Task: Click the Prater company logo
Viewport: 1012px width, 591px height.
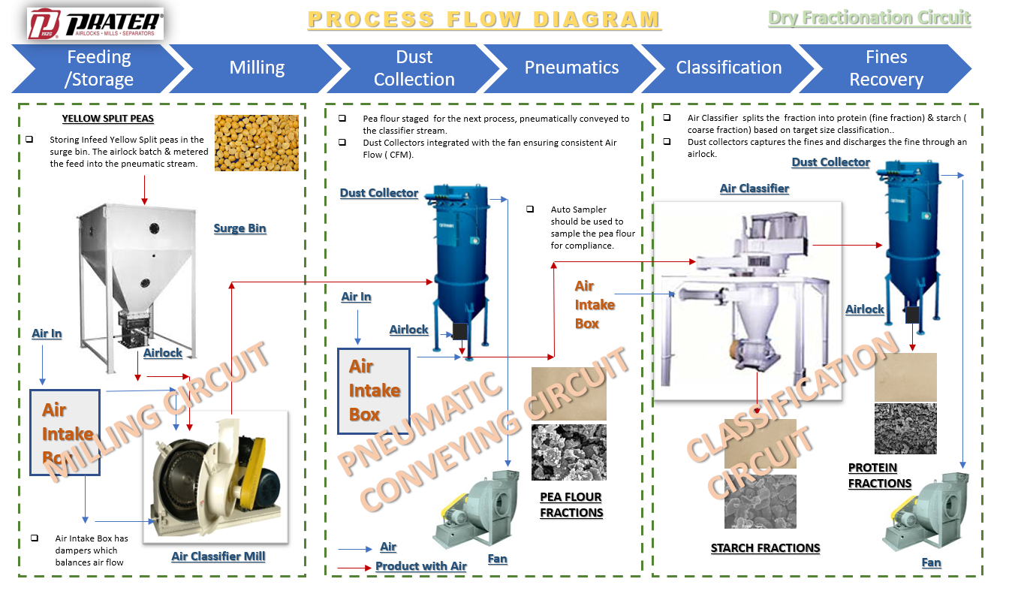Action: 95,24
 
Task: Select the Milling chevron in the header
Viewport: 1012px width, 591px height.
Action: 257,68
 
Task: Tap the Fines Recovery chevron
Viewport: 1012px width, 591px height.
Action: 886,68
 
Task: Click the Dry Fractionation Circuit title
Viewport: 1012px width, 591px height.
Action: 869,18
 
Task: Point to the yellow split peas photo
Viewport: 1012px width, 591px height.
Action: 256,143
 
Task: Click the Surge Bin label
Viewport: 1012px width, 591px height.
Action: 239,228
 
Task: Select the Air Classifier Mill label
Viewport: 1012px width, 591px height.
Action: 218,556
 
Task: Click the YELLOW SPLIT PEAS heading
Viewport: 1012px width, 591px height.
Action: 107,119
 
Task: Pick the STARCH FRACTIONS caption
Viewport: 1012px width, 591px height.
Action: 765,548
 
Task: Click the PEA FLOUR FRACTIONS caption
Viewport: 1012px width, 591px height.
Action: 571,505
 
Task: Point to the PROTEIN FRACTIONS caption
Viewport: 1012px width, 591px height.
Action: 879,475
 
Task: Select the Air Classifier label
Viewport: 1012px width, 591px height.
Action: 754,188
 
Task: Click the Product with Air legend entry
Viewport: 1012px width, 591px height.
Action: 420,566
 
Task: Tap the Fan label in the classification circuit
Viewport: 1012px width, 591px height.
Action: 931,562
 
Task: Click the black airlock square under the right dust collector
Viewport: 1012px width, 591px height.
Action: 912,315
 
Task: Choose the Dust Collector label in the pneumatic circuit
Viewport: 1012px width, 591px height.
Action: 378,193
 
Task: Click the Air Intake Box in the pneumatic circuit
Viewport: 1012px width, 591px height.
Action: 374,390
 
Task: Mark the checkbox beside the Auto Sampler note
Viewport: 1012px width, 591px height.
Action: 530,209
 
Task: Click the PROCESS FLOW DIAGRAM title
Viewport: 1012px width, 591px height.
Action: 484,20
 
